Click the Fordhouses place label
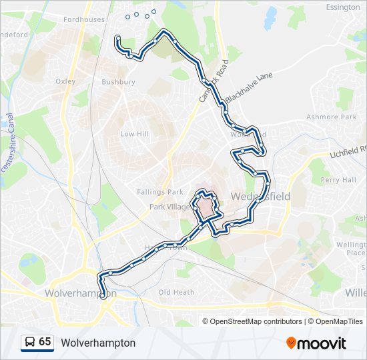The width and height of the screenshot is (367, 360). pos(84,19)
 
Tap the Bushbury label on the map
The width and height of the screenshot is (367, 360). pos(118,82)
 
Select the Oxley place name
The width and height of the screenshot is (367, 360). pos(65,81)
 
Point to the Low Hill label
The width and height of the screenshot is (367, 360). pos(134,134)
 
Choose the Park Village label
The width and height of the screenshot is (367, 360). pos(169,207)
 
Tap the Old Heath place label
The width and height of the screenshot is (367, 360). pos(176,292)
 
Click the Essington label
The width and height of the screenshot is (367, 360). pos(343,7)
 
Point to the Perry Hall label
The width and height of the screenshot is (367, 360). pos(338,180)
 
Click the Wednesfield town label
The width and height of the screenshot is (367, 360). pos(260,197)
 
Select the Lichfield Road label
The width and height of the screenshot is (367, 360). pos(348,153)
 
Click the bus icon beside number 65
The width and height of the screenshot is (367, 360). pos(29,343)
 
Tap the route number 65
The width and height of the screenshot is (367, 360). pos(45,342)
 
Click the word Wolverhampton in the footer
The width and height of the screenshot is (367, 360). pos(98,343)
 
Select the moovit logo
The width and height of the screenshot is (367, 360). pos(316,343)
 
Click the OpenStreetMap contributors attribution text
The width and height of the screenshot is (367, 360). pos(256,321)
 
